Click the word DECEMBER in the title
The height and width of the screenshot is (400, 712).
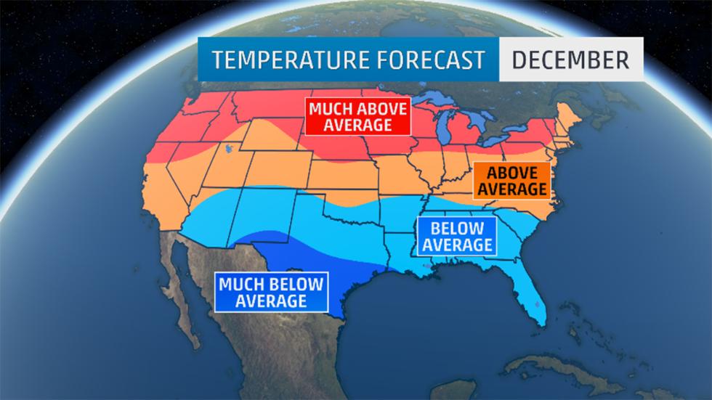(x=570, y=59)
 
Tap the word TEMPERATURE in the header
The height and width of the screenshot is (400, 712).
(x=280, y=60)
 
